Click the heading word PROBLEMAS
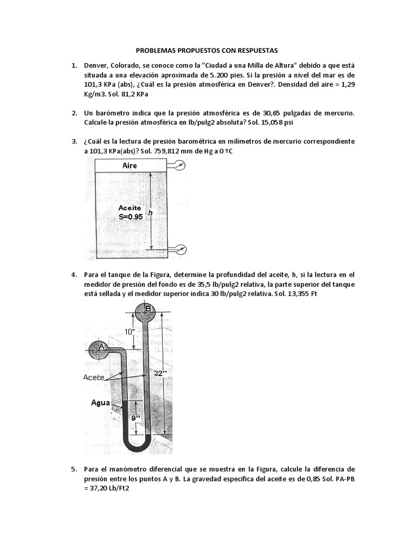(158, 50)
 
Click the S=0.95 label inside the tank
(130, 217)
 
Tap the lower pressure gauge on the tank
(180, 249)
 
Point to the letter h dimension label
(150, 213)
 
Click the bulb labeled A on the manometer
(100, 346)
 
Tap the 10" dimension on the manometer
(130, 332)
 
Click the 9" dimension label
(136, 417)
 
